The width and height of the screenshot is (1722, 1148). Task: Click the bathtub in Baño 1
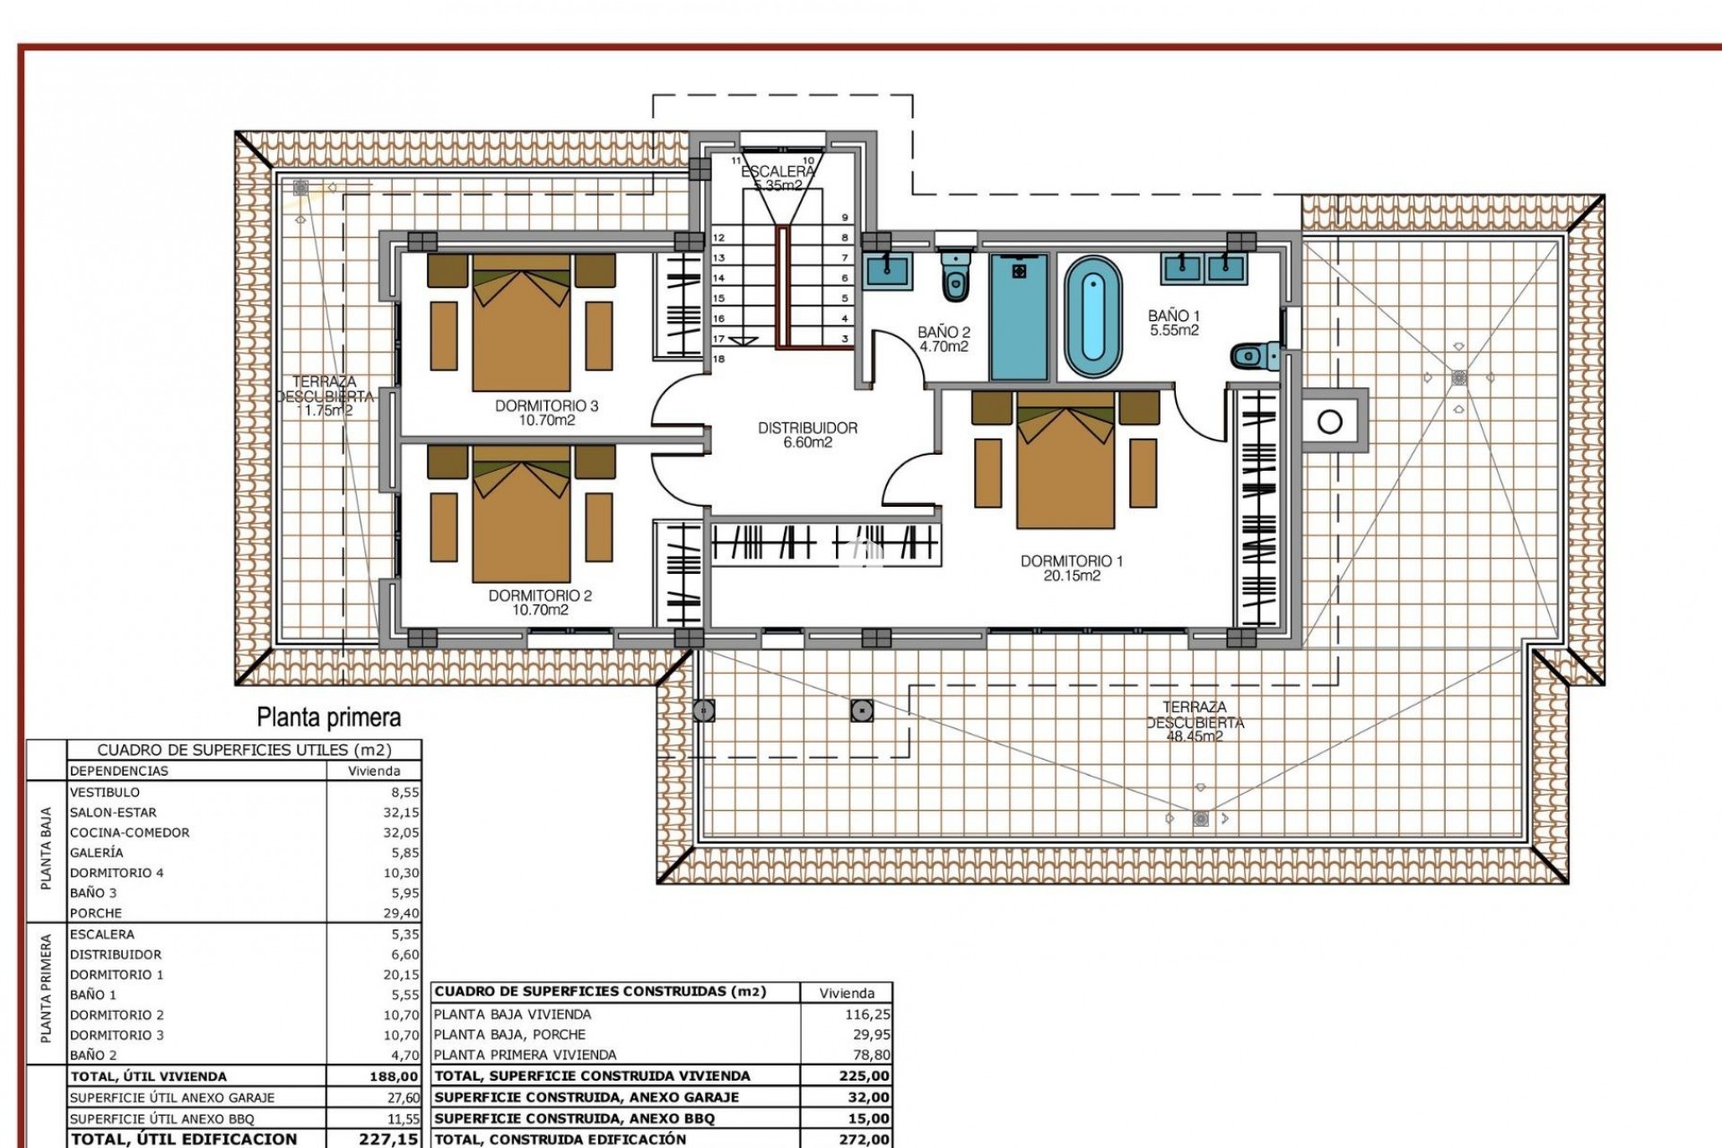pyautogui.click(x=1092, y=318)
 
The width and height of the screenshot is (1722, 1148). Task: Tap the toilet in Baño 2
pyautogui.click(x=955, y=277)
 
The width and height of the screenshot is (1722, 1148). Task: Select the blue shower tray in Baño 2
pyautogui.click(x=1018, y=317)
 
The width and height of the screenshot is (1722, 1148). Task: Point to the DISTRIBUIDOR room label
pyautogui.click(x=807, y=429)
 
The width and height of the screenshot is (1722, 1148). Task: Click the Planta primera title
pyautogui.click(x=328, y=717)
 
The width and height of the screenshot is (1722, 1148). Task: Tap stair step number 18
pyautogui.click(x=718, y=359)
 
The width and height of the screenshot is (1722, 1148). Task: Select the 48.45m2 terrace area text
pyautogui.click(x=1194, y=736)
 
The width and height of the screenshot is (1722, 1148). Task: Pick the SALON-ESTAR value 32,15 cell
pyautogui.click(x=400, y=813)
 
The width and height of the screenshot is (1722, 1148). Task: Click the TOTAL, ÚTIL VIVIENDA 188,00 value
pyautogui.click(x=394, y=1076)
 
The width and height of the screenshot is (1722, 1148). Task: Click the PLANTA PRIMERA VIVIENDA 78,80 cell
pyautogui.click(x=867, y=1055)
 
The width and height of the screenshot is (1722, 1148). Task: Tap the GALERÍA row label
pyautogui.click(x=97, y=853)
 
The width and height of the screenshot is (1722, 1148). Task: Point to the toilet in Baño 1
pyautogui.click(x=1250, y=357)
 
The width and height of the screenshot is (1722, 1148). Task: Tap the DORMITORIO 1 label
pyautogui.click(x=1071, y=561)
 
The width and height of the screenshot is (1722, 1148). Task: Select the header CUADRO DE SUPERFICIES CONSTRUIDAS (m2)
pyautogui.click(x=600, y=992)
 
